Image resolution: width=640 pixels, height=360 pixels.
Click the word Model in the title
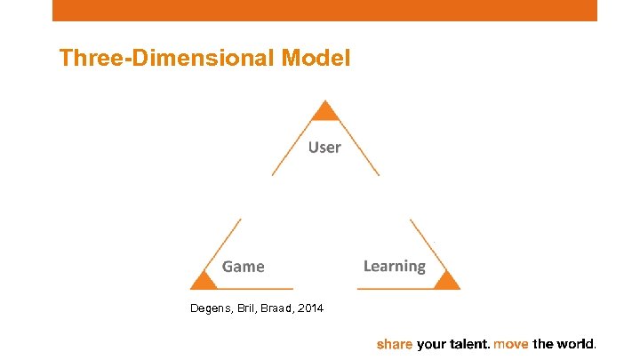316,59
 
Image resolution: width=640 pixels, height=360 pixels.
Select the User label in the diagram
324,147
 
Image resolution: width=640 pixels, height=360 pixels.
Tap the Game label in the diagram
243,266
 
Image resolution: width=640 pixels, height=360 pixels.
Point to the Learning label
394,266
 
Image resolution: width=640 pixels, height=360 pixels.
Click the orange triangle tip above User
325,111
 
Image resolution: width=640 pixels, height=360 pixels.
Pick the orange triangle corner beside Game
204,281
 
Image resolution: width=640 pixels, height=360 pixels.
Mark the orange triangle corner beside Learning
446,281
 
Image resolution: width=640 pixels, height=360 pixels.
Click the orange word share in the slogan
395,343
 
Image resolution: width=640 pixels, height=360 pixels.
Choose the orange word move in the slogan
511,343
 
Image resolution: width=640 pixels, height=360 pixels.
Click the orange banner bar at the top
324,10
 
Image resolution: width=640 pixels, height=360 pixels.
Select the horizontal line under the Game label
253,289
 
